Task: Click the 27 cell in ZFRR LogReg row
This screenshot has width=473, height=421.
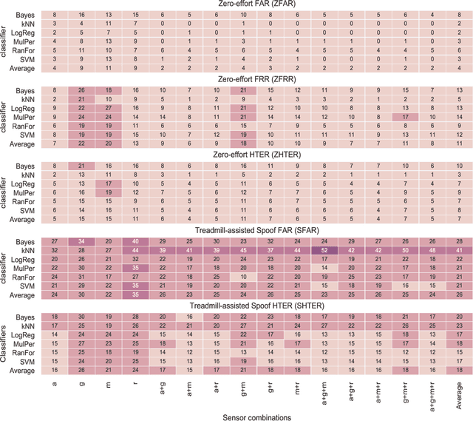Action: pyautogui.click(x=108, y=108)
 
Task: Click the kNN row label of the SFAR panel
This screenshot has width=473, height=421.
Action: pyautogui.click(x=30, y=251)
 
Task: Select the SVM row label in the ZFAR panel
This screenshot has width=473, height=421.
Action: pyautogui.click(x=30, y=59)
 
